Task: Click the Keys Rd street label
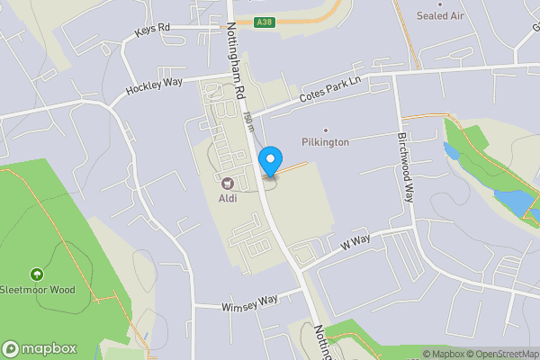pos(152,30)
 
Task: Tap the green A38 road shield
pos(264,22)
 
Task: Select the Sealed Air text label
pos(440,16)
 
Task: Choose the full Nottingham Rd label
pos(236,61)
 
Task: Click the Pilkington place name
pos(325,142)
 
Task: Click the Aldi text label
pos(228,198)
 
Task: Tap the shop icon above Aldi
pos(228,184)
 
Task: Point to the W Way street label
pos(355,242)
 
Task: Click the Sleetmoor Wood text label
pos(37,290)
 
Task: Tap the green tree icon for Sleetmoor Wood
pos(37,274)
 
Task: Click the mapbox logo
pos(39,348)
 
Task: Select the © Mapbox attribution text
pos(445,354)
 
